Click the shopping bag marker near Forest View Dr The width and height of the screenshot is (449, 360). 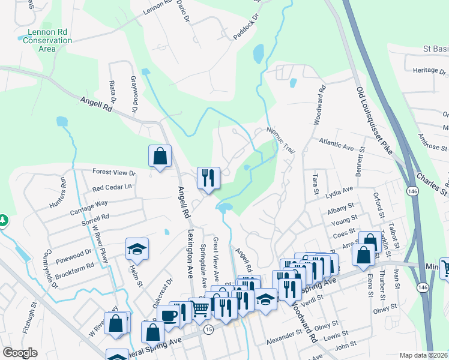tap(160, 157)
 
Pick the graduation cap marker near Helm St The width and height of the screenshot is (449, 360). tap(137, 249)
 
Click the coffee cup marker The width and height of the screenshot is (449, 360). tap(167, 316)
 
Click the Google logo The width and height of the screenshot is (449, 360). tap(20, 353)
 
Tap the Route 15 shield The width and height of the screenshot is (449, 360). tap(208, 330)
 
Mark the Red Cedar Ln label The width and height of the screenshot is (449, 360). tap(112, 187)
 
